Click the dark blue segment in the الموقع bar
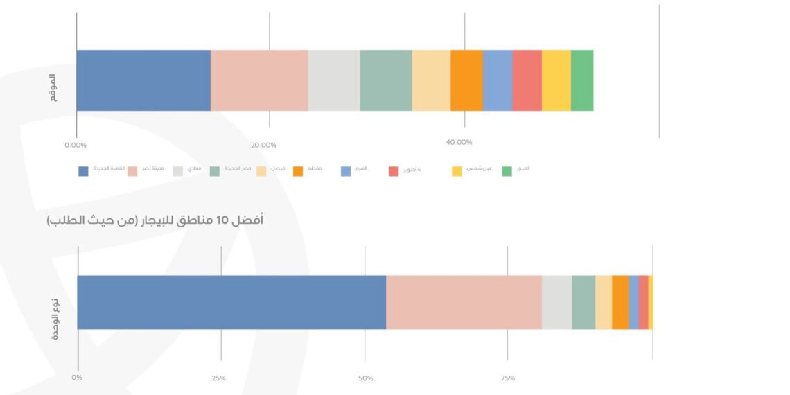pyautogui.click(x=143, y=80)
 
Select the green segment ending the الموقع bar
pyautogui.click(x=582, y=80)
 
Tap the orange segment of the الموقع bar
pyautogui.click(x=466, y=80)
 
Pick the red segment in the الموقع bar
pyautogui.click(x=527, y=80)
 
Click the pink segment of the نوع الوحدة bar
pyautogui.click(x=464, y=302)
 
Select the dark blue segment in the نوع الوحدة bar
pyautogui.click(x=231, y=302)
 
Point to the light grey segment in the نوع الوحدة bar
pyautogui.click(x=556, y=302)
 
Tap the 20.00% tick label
pyautogui.click(x=263, y=146)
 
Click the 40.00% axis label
pyautogui.click(x=459, y=143)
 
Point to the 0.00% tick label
pyautogui.click(x=75, y=146)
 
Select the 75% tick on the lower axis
pyautogui.click(x=507, y=378)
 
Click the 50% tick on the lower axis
pyautogui.click(x=365, y=378)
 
